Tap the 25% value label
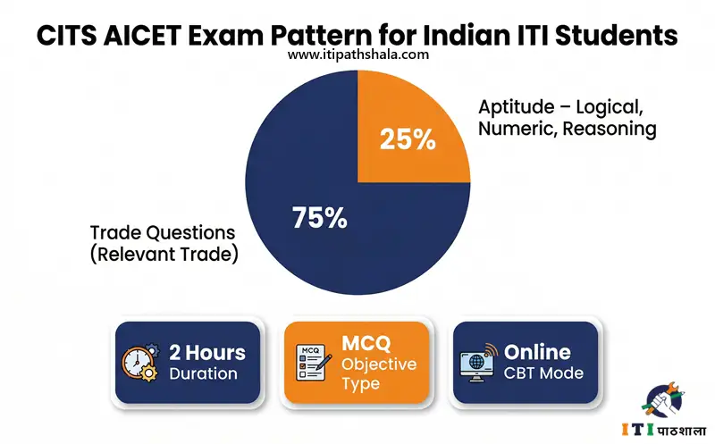pos(408,139)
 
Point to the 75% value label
pos(320,217)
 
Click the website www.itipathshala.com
pos(357,54)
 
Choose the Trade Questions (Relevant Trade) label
pos(163,243)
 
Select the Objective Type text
pos(379,373)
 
